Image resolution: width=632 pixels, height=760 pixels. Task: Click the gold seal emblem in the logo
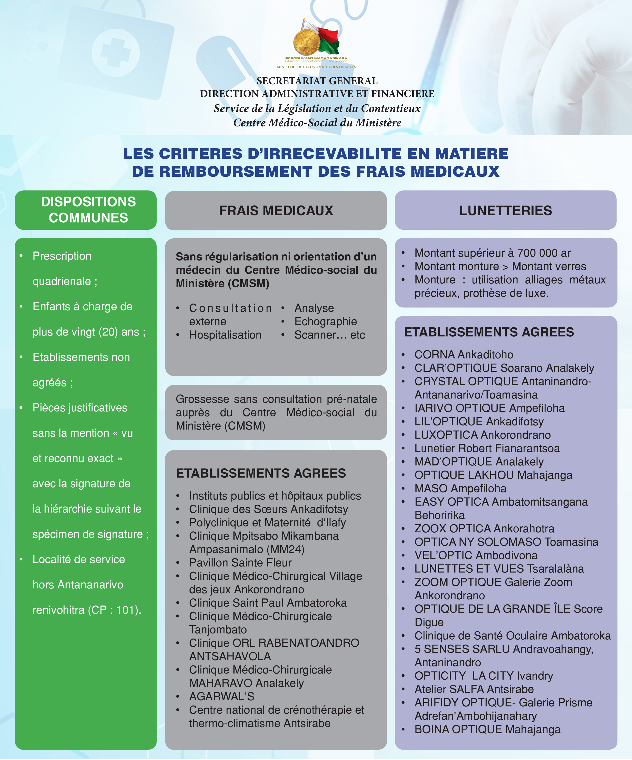(306, 42)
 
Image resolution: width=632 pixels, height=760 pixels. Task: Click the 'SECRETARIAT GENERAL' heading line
(317, 81)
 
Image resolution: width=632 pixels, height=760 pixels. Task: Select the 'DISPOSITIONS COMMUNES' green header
(88, 210)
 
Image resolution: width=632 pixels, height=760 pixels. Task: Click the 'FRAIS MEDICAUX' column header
(276, 211)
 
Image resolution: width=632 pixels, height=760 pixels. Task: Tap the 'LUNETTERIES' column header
(506, 211)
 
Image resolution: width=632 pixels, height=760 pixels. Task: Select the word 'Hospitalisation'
(225, 335)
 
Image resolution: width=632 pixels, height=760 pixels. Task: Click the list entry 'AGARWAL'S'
(222, 696)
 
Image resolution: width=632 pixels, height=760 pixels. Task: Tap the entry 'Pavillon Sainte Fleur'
(240, 563)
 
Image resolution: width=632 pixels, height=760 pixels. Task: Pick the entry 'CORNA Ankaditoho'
(464, 354)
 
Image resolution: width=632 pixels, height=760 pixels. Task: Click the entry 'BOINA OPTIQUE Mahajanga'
(487, 729)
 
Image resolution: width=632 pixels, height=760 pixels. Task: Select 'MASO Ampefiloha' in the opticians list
(460, 488)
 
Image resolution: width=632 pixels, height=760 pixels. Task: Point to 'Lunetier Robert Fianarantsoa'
(487, 448)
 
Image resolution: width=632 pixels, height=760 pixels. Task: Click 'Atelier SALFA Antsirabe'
(474, 689)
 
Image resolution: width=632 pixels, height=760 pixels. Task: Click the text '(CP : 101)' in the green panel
(114, 610)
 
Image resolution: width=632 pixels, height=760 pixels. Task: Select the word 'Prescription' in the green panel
(62, 256)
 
